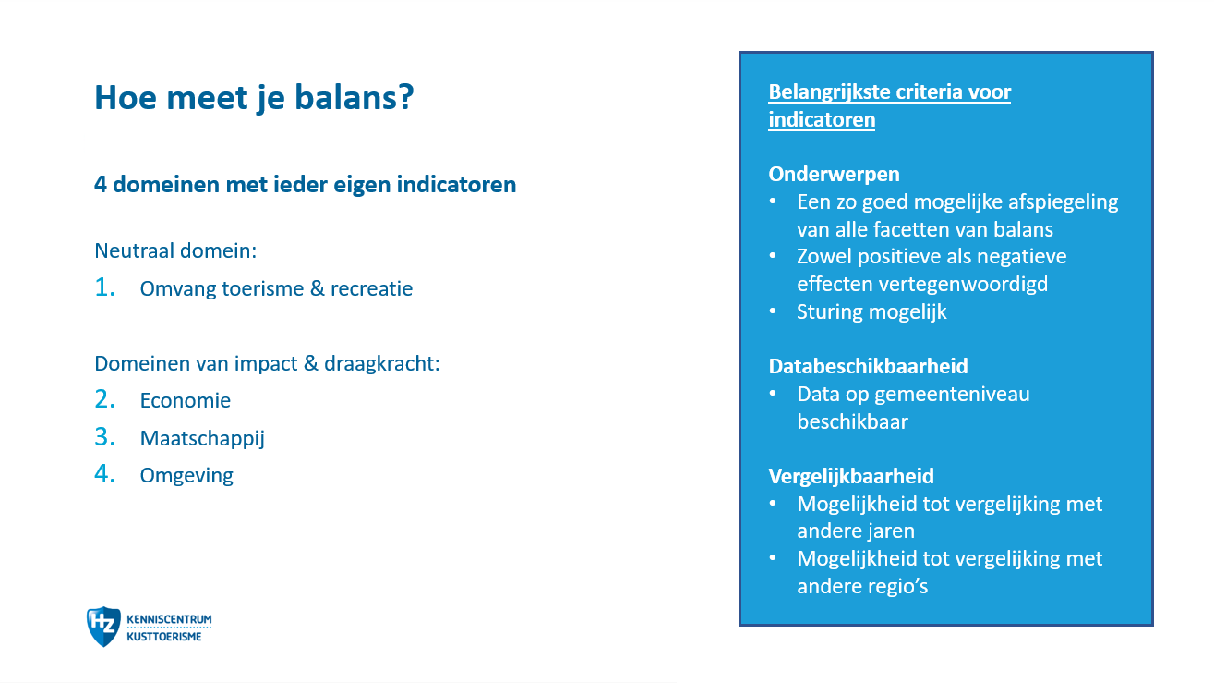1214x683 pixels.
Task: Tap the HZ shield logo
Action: coord(103,627)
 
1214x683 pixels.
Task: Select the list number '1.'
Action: coord(104,287)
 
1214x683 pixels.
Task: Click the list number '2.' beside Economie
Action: coord(104,399)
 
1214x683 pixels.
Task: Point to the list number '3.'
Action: coord(104,437)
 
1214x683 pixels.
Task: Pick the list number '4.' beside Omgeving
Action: coord(104,473)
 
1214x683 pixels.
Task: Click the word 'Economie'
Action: coord(186,400)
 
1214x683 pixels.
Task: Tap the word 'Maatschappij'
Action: coord(202,438)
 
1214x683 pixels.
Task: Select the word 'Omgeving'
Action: coord(186,476)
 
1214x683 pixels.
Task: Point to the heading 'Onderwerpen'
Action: coord(834,175)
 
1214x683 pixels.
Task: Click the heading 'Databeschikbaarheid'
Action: coord(868,366)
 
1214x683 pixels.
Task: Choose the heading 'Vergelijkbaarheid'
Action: coord(851,476)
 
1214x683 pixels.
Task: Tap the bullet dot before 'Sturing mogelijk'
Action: coord(773,311)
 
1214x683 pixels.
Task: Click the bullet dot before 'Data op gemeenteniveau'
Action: coord(773,394)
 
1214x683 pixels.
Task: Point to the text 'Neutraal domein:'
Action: coord(175,250)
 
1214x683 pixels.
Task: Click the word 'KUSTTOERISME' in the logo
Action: coord(164,637)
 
